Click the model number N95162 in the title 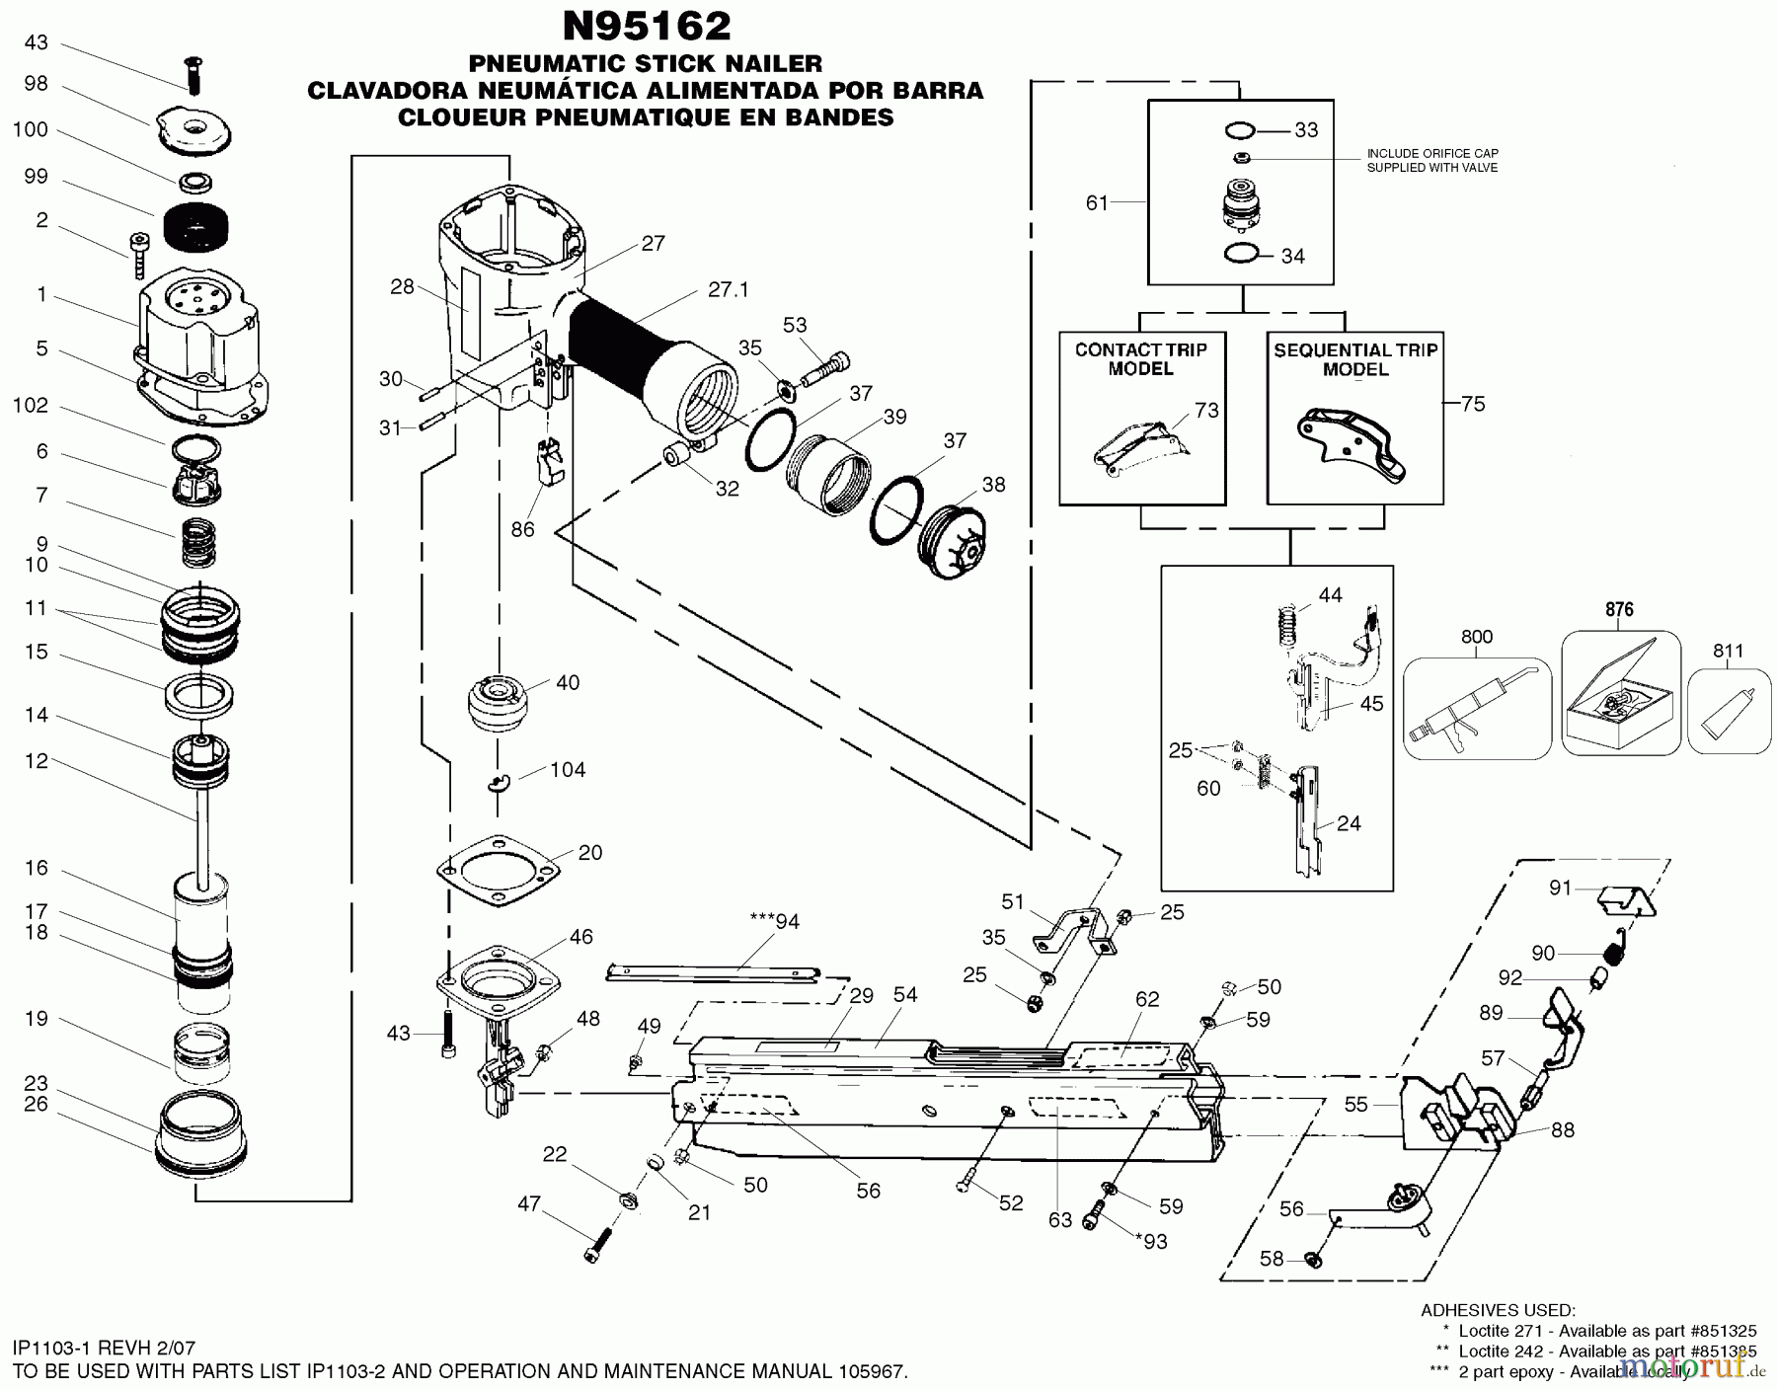point(647,26)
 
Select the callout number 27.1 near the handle point(729,290)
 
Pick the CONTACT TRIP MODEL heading point(1140,359)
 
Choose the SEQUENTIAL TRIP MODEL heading point(1355,359)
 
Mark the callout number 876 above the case point(1619,610)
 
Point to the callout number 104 point(568,770)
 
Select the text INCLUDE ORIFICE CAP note point(1431,160)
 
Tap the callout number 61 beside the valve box point(1097,202)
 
